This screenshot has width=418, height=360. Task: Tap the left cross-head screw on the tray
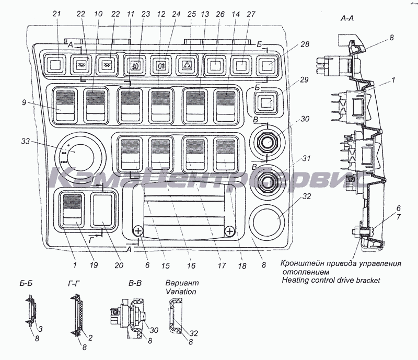coord(138,231)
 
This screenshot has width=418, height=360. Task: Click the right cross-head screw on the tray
coord(229,231)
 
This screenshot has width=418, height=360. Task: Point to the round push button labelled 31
coord(266,181)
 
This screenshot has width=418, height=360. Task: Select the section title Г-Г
coord(75,285)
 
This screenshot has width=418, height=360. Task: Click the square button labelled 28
coord(266,66)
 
